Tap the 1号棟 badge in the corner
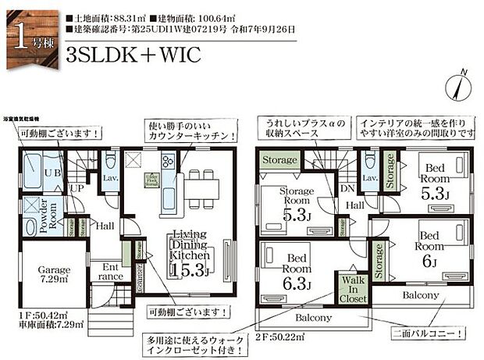tap(30, 35)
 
